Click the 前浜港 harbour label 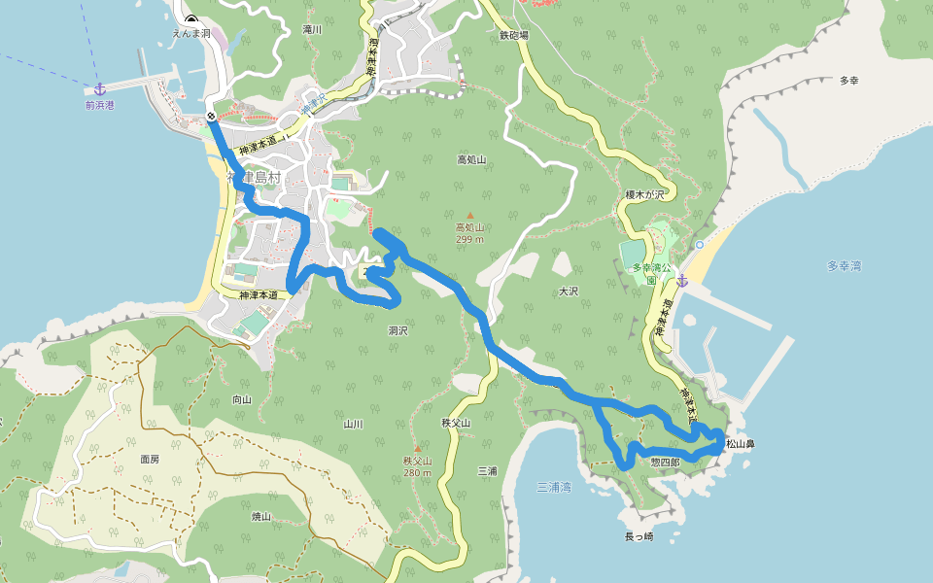[99, 105]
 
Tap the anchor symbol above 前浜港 [98, 89]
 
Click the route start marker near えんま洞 [211, 117]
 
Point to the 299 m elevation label [470, 239]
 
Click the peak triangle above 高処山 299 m [470, 216]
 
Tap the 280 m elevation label [417, 473]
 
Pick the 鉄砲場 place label [513, 35]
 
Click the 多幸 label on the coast [849, 81]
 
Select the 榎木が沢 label [645, 195]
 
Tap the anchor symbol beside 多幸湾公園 [682, 281]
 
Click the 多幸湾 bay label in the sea [844, 265]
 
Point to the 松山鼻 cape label [741, 444]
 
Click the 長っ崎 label [639, 536]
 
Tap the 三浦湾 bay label [554, 487]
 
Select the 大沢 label [569, 291]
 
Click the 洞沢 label [397, 331]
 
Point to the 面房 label [150, 459]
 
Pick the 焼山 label [261, 517]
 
